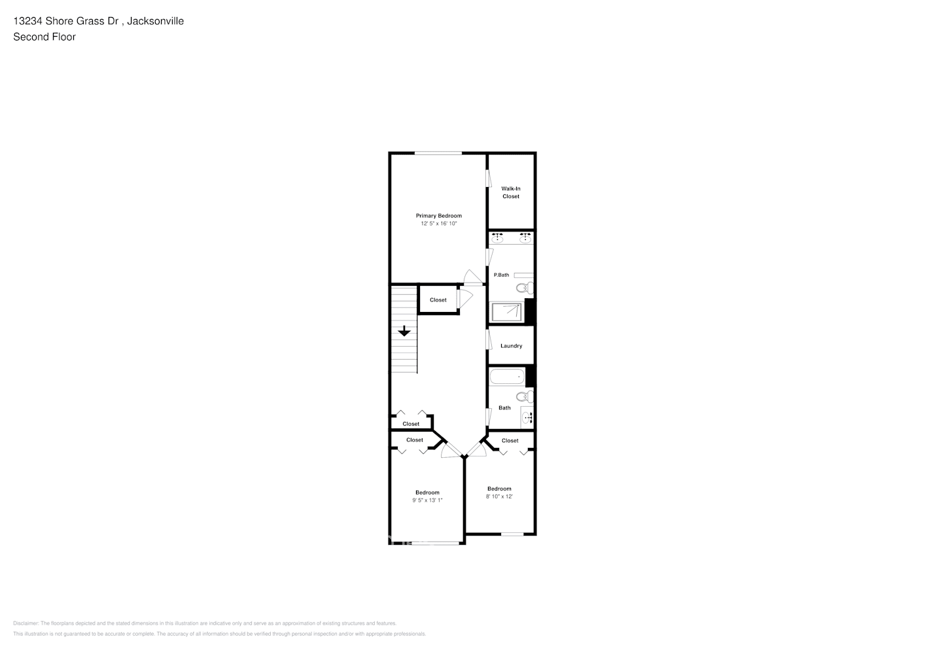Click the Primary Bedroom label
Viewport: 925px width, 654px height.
click(438, 216)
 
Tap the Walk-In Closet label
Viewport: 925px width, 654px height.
click(511, 192)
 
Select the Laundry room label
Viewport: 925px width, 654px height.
click(511, 346)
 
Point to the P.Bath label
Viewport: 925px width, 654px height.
click(501, 275)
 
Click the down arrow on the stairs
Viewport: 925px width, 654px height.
click(404, 331)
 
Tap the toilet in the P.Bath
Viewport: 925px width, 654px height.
click(524, 288)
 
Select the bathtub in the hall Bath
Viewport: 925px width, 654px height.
click(507, 377)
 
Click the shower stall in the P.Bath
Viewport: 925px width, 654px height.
click(508, 312)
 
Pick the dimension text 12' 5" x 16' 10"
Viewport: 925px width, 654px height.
click(438, 224)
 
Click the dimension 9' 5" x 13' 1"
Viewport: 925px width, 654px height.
click(427, 500)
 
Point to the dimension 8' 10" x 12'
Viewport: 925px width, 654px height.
click(499, 496)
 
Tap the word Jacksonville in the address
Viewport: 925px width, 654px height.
click(155, 21)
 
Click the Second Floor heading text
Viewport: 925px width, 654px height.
click(44, 37)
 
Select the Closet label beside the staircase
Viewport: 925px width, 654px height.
click(438, 300)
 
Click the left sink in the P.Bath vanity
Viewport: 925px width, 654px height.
click(497, 238)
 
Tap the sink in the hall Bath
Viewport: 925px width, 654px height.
click(527, 417)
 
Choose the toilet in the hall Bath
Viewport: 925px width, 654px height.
click(524, 396)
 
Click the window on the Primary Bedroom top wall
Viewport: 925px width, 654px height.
click(438, 153)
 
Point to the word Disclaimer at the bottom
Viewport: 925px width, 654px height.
click(26, 623)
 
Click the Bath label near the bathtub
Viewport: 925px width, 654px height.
click(504, 408)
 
